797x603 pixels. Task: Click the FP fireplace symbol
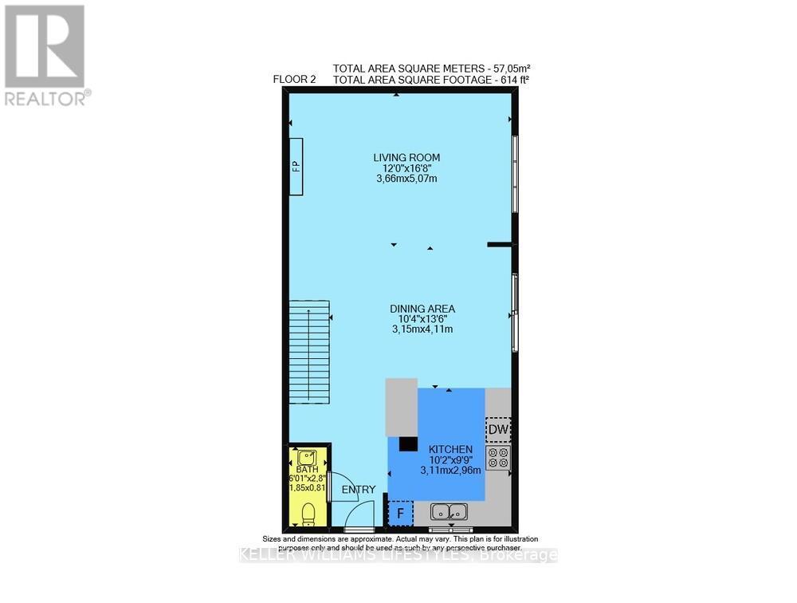click(296, 166)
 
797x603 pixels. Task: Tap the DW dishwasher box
click(498, 431)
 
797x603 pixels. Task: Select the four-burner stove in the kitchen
click(498, 457)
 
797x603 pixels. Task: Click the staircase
click(309, 353)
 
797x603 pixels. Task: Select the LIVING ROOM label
click(406, 157)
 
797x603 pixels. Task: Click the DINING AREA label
click(422, 309)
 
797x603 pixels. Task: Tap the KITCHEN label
click(450, 450)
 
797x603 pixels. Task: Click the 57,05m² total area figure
click(509, 68)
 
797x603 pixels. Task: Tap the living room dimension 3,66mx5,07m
click(406, 179)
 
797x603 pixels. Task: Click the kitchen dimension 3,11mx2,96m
click(450, 471)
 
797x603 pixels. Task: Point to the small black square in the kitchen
click(408, 444)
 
